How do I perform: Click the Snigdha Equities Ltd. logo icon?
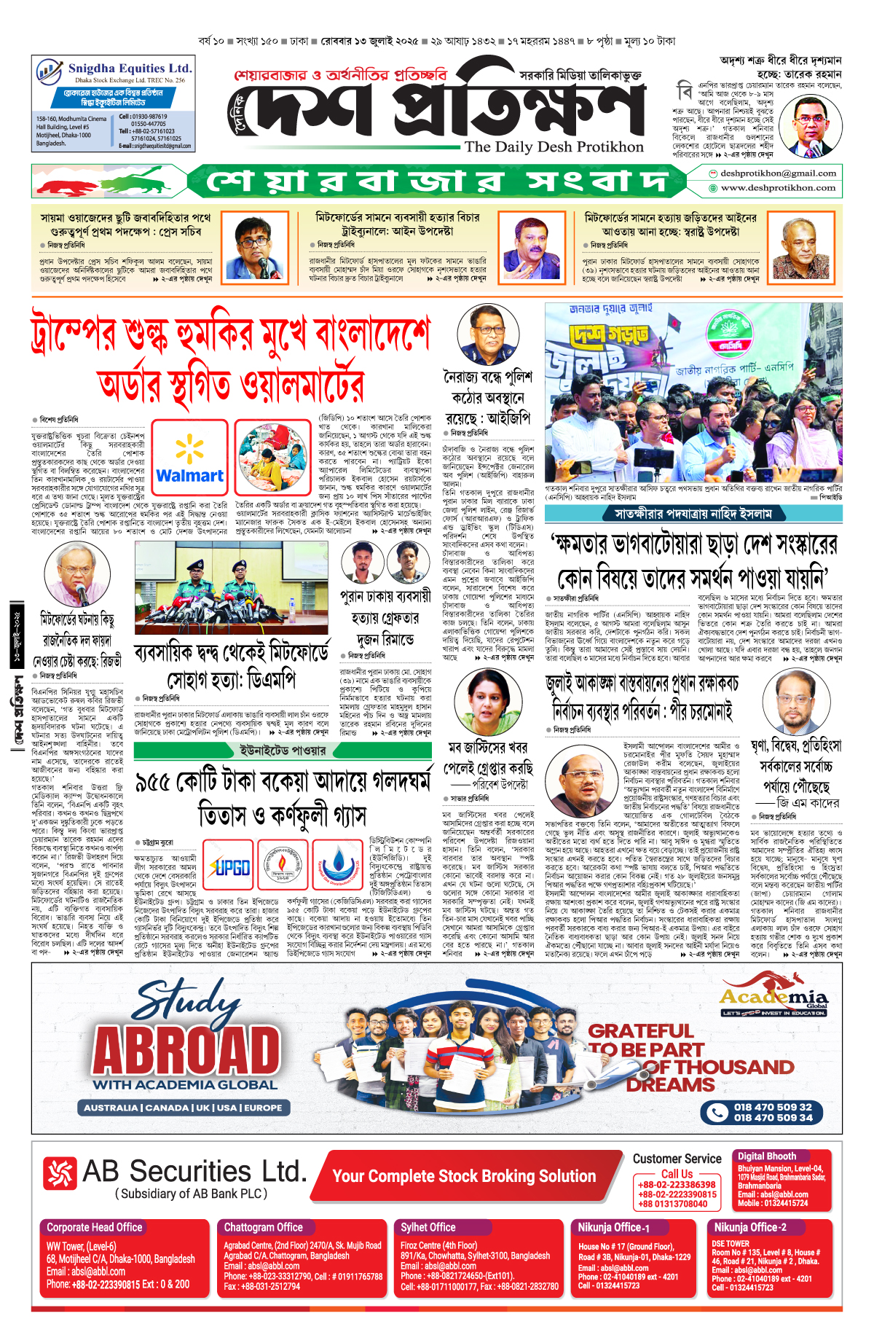49,71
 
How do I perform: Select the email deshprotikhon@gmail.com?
778,173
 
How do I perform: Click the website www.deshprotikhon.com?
778,188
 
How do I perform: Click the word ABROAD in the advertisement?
187,1050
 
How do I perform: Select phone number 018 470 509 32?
773,1107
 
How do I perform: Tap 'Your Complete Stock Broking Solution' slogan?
464,1176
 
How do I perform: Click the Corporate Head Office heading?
95,1227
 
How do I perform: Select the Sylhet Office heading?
428,1227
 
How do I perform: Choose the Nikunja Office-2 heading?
749,1227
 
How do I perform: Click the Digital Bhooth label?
766,1156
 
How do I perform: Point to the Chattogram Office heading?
263,1227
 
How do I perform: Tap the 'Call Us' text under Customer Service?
677,1174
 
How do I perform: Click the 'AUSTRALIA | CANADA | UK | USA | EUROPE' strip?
183,1108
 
